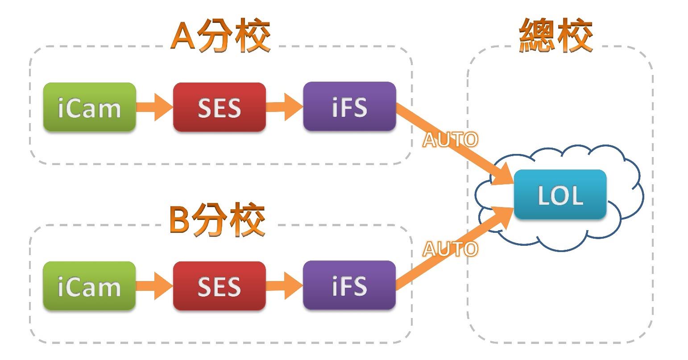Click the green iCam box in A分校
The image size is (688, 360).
point(89,108)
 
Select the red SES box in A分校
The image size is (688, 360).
point(219,108)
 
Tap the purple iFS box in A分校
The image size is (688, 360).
point(349,107)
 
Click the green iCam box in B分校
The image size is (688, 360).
point(89,286)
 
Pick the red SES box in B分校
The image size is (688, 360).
point(219,286)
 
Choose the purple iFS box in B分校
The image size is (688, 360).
point(349,286)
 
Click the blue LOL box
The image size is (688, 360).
point(560,194)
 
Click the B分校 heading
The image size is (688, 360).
point(217,219)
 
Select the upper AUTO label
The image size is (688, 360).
point(450,140)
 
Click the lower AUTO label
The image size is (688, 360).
point(450,249)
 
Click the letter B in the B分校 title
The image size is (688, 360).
point(180,219)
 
